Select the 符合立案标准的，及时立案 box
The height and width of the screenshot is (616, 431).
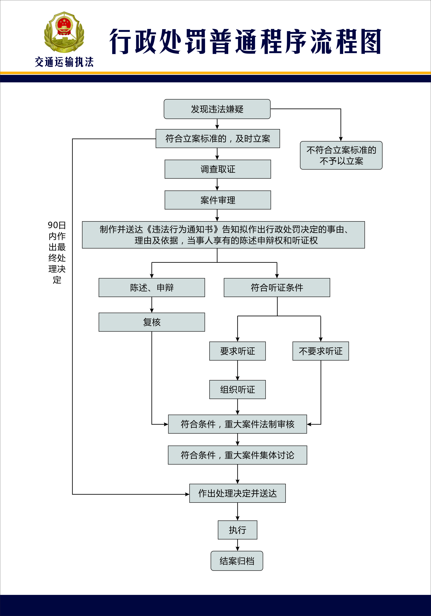pyautogui.click(x=217, y=139)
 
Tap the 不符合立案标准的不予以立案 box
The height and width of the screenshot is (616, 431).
pyautogui.click(x=341, y=155)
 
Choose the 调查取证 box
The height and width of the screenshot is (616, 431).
pyautogui.click(x=217, y=169)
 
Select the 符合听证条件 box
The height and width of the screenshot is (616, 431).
pyautogui.click(x=277, y=288)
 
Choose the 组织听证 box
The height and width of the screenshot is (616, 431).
pyautogui.click(x=237, y=389)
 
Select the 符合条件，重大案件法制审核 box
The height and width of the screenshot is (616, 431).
pyautogui.click(x=237, y=424)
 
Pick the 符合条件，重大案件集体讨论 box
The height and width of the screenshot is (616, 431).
pyautogui.click(x=237, y=455)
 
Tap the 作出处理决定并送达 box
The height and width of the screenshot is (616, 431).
pyautogui.click(x=237, y=493)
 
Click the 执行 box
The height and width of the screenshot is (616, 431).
pyautogui.click(x=237, y=530)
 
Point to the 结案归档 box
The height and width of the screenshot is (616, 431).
pyautogui.click(x=237, y=561)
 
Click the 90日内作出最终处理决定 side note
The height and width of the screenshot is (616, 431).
pyautogui.click(x=57, y=252)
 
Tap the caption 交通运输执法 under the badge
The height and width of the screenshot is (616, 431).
pyautogui.click(x=64, y=62)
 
